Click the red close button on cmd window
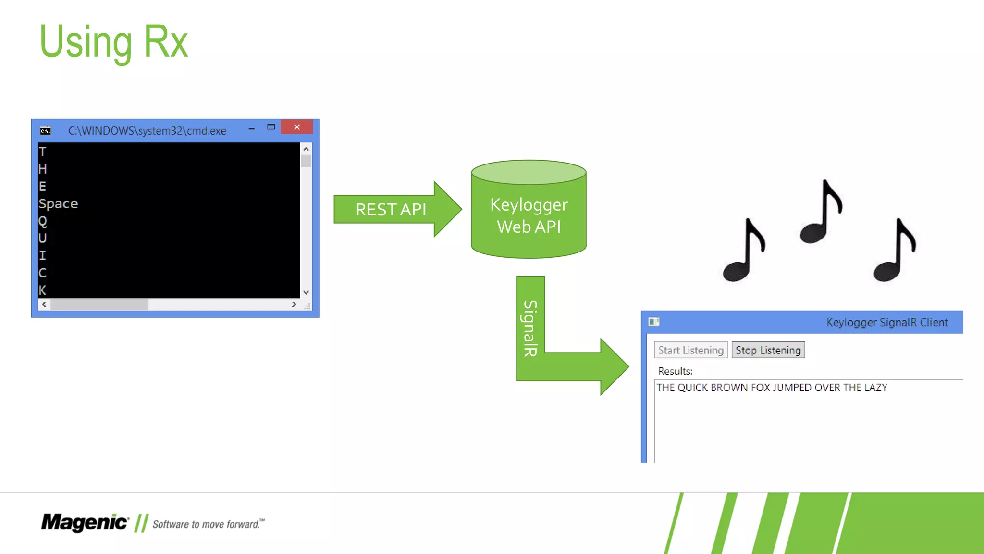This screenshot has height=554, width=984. [297, 127]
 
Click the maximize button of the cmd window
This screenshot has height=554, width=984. [271, 127]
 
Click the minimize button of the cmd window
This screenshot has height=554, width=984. [251, 128]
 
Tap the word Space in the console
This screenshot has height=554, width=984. [58, 204]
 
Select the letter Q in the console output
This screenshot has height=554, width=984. [43, 221]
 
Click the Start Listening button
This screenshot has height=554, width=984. [690, 350]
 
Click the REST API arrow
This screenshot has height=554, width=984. [391, 209]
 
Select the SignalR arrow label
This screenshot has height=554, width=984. [530, 328]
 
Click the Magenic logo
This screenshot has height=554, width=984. [85, 523]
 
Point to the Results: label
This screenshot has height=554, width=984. [675, 371]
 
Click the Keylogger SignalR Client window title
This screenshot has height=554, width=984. [887, 322]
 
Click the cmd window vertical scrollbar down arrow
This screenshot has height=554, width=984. [306, 292]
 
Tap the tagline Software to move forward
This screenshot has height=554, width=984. [208, 524]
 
